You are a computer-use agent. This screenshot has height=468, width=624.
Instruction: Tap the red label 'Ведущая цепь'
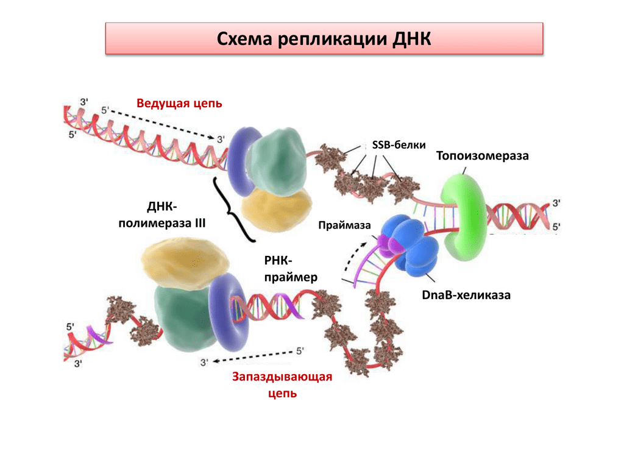pos(179,103)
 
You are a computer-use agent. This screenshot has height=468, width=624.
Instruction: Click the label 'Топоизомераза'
pos(483,156)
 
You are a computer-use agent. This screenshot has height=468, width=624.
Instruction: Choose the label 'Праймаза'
pos(344,225)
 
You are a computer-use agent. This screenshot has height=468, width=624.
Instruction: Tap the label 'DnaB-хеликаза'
pos(466,296)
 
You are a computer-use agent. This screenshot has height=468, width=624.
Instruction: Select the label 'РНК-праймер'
pos(291,269)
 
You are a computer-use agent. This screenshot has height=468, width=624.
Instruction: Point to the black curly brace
pos(231,210)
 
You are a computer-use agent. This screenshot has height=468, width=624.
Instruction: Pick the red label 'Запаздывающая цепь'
pos(282,385)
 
